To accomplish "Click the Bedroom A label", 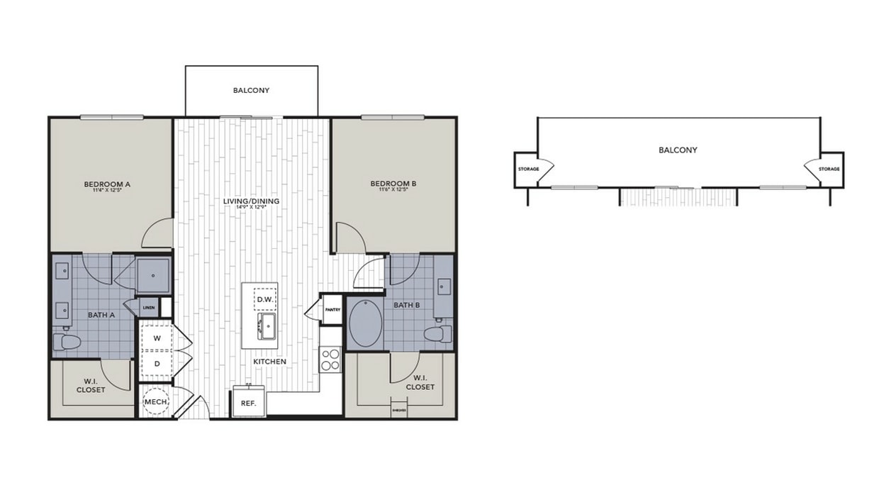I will (111, 183).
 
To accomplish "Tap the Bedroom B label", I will (393, 183).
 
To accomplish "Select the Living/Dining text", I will (251, 201).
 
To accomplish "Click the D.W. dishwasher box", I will (265, 300).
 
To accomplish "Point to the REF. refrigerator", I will (248, 402).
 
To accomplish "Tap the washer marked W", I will (157, 338).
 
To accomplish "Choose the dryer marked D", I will (157, 363).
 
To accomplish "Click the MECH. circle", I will (156, 401).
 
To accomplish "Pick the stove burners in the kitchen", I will (330, 360).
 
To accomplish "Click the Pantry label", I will (332, 309).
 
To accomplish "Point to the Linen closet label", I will (149, 308).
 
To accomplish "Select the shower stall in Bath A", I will (153, 276).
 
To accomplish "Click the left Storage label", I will (529, 169).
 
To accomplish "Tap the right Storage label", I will (829, 169).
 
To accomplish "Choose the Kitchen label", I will (270, 362).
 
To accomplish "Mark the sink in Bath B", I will (444, 287).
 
